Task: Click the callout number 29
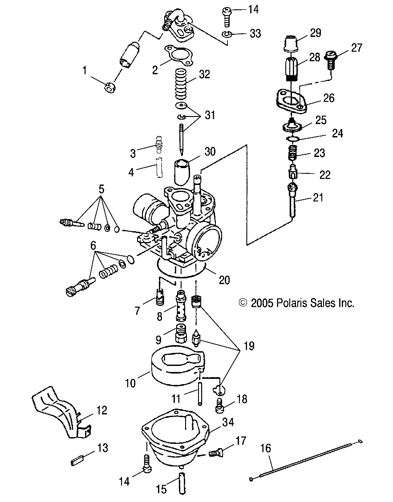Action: pos(316,33)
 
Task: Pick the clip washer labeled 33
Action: pos(228,34)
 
